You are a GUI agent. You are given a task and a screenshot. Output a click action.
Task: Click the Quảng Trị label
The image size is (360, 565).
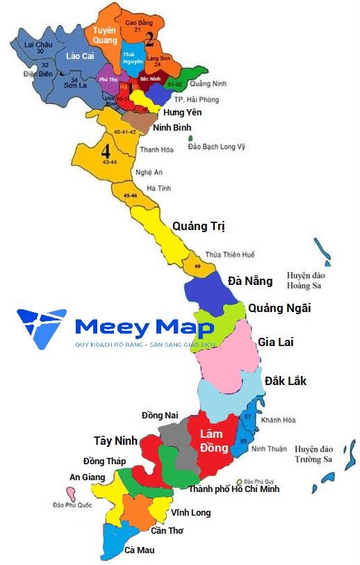(199, 227)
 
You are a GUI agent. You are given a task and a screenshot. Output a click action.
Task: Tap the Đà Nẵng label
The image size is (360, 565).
(250, 281)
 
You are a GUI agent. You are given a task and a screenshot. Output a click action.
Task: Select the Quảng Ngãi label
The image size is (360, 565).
(279, 308)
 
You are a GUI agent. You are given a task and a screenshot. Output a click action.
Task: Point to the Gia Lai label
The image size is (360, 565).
(274, 342)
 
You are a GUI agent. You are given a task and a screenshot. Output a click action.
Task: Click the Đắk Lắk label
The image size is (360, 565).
(285, 381)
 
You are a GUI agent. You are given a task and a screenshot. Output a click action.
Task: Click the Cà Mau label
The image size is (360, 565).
(139, 550)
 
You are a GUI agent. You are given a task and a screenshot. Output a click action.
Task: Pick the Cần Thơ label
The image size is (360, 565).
(167, 530)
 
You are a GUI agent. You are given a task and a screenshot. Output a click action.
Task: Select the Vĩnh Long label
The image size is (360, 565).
(190, 513)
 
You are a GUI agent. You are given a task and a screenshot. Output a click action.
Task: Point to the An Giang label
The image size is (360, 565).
(87, 477)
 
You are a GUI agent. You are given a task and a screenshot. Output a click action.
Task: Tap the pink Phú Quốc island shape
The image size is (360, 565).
(71, 493)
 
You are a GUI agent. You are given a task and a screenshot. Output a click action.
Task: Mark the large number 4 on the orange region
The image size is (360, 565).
(106, 152)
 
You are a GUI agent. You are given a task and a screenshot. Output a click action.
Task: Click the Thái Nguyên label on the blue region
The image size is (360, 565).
(132, 58)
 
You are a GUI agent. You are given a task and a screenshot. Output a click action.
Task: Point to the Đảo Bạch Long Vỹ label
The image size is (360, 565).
(217, 147)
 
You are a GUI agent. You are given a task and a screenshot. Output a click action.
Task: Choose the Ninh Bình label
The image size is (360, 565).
(172, 128)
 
